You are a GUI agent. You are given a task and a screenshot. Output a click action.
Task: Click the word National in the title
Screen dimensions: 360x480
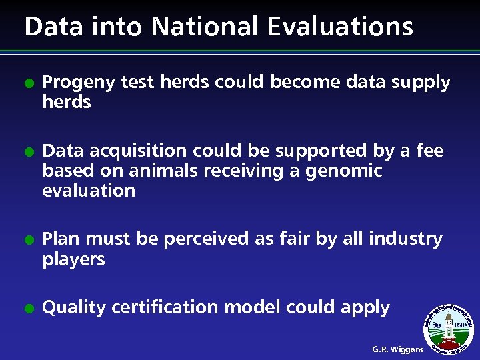203,27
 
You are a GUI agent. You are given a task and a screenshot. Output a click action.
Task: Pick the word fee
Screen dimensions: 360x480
429,151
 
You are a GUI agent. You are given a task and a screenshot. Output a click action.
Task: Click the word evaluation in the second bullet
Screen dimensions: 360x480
89,191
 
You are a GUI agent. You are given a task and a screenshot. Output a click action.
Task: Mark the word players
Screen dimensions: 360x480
73,259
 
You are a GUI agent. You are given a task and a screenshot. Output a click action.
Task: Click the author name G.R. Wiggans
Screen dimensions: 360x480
398,349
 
